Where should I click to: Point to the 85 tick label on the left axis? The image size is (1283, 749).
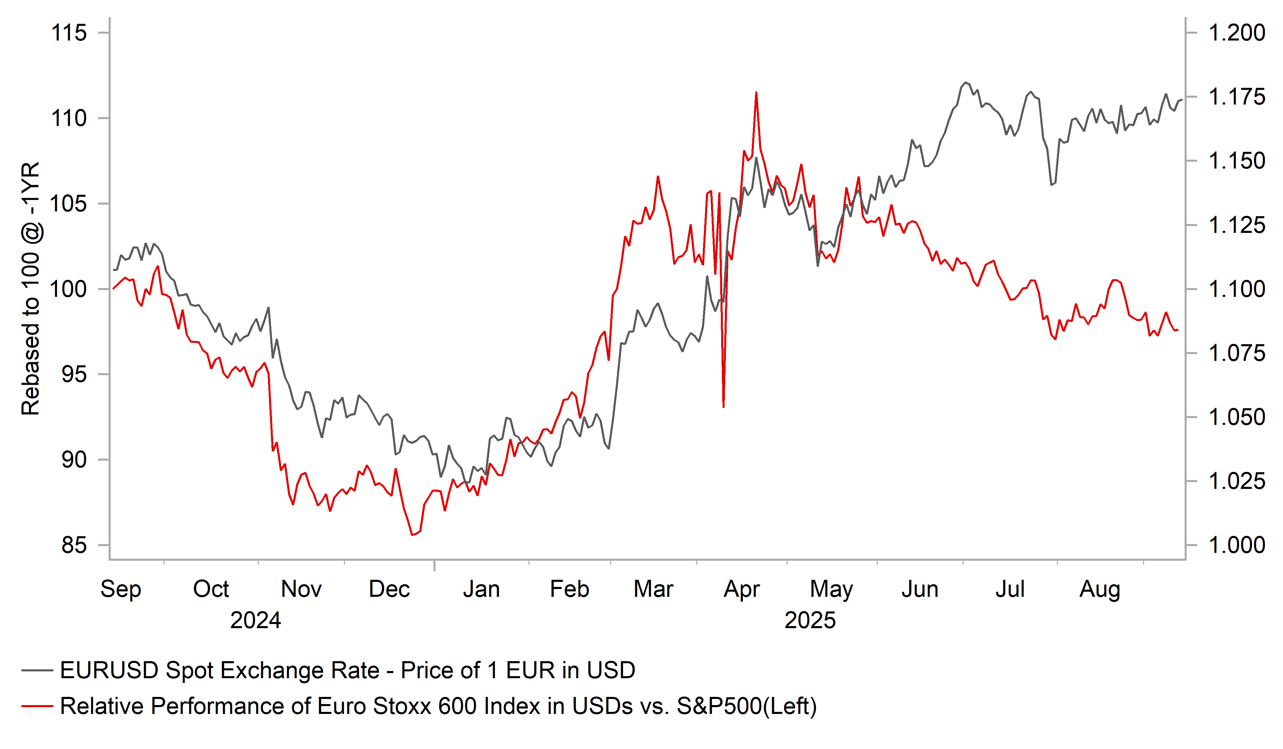pyautogui.click(x=74, y=545)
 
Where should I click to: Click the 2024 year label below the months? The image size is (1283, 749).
pyautogui.click(x=256, y=620)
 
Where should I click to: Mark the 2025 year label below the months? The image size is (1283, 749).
pyautogui.click(x=810, y=620)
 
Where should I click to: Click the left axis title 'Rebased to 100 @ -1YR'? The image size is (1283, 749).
pyautogui.click(x=31, y=289)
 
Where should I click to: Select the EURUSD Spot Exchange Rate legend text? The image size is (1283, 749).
pyautogui.click(x=348, y=670)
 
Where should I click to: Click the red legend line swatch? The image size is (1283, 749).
pyautogui.click(x=37, y=706)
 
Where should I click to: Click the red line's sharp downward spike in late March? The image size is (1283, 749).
pyautogui.click(x=724, y=406)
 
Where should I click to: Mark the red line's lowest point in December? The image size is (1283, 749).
pyautogui.click(x=412, y=535)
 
